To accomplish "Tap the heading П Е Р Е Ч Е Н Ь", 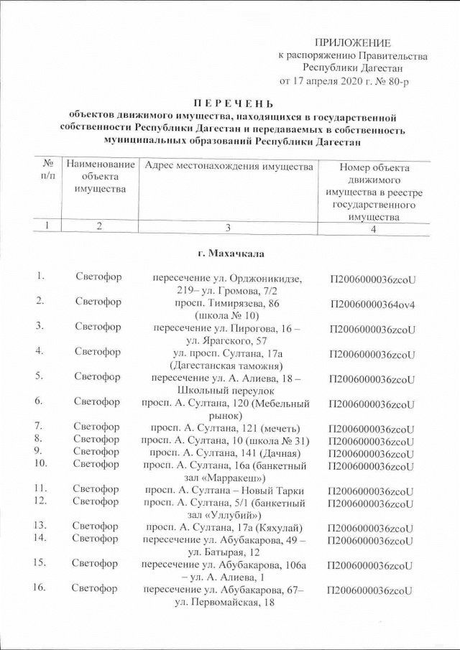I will coord(229,103).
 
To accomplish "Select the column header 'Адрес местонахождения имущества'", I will coord(229,167).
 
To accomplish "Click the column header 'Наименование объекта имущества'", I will coord(100,177).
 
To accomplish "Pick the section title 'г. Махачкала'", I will coord(229,253).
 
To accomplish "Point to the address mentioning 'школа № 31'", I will coord(226,440).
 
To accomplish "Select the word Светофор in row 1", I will coord(98,278).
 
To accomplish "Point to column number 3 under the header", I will coord(228,228).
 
